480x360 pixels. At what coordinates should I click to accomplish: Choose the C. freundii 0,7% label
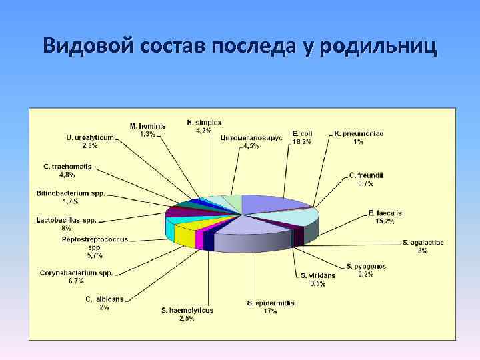pos(365,179)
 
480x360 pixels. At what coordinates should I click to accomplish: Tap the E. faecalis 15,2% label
pos(385,217)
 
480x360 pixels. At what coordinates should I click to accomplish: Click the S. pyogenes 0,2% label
pos(365,270)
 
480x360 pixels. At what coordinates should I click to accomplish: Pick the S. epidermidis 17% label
pos(271,307)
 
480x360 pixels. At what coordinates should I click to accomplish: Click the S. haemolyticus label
pos(187,314)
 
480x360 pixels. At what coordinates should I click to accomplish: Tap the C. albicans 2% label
pos(104,303)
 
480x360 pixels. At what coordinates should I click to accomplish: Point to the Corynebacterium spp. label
pos(76,277)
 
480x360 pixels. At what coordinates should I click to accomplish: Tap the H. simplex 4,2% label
pos(203,126)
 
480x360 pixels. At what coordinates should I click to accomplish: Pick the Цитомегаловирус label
pos(251,141)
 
